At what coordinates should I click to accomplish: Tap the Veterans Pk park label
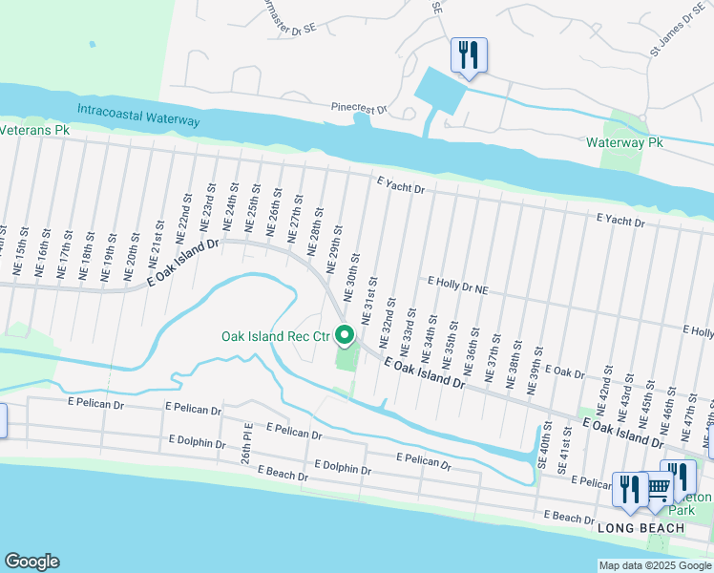[x=35, y=129]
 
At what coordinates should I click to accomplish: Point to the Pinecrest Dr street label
[x=358, y=109]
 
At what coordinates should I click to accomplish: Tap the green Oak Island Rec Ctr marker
[x=346, y=335]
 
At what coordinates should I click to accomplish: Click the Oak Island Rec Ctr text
[x=275, y=336]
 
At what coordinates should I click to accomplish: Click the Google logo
[x=31, y=562]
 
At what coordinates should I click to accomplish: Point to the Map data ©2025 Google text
[x=654, y=565]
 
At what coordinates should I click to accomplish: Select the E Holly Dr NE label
[x=458, y=284]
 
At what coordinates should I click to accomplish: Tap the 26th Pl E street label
[x=247, y=444]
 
